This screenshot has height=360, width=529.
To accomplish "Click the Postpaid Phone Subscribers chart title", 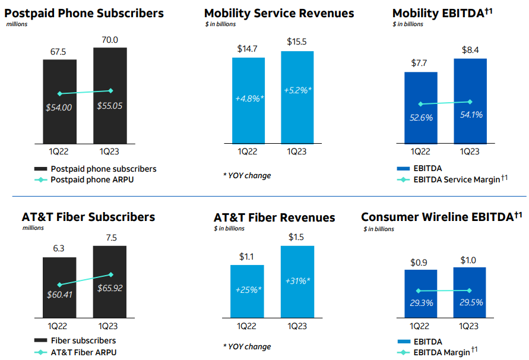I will pyautogui.click(x=84, y=13).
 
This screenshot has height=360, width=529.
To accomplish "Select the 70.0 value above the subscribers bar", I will pyautogui.click(x=110, y=40).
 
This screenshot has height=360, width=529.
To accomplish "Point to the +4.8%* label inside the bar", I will pyautogui.click(x=249, y=97).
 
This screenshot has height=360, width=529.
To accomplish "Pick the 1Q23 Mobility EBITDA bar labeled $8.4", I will pyautogui.click(x=470, y=101).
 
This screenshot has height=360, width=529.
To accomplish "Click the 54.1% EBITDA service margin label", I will pyautogui.click(x=470, y=115).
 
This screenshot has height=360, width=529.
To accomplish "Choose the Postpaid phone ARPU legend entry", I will pyautogui.click(x=92, y=180).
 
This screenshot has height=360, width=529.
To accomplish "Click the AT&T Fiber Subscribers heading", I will pyautogui.click(x=88, y=217).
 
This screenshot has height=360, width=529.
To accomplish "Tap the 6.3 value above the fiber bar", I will pyautogui.click(x=59, y=250).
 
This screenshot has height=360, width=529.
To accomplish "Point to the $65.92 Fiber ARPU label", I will pyautogui.click(x=110, y=289).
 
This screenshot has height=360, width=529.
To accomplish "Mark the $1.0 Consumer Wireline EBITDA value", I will pyautogui.click(x=470, y=259).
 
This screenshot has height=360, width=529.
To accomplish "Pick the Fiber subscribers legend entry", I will pyautogui.click(x=83, y=340).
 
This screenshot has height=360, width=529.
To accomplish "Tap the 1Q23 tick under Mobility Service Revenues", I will pyautogui.click(x=297, y=151).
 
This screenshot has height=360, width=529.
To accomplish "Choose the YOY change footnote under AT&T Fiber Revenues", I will pyautogui.click(x=247, y=346).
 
